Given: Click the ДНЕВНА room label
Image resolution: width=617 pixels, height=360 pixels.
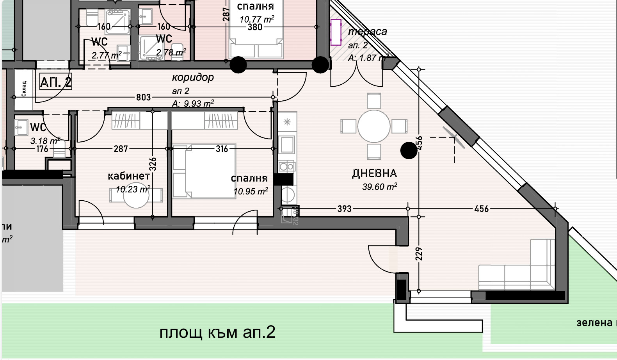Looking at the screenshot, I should click(x=374, y=173).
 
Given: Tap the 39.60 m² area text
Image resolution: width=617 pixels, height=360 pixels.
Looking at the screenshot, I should click(x=379, y=187).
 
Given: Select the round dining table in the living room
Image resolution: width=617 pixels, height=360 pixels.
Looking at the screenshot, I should click(x=374, y=126).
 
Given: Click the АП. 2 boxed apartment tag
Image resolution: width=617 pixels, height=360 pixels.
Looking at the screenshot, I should click(x=56, y=82).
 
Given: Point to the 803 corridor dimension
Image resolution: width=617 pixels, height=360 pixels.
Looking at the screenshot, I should click(x=143, y=97).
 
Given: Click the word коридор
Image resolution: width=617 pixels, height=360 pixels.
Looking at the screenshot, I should click(x=193, y=77).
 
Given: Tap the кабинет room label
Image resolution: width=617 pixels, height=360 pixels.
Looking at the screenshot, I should click(x=128, y=176).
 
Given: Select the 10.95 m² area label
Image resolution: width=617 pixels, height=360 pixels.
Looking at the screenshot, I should click(x=251, y=191).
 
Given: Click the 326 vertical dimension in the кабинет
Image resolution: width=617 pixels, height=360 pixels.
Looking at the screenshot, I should click(x=153, y=164).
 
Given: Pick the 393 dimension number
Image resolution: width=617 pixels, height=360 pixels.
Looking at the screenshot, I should click(x=344, y=209).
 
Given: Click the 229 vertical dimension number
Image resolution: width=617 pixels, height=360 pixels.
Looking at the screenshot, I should click(x=419, y=254).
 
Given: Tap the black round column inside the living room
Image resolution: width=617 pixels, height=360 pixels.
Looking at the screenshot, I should click(x=409, y=150).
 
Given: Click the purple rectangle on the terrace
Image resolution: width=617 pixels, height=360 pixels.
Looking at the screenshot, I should click(x=336, y=32).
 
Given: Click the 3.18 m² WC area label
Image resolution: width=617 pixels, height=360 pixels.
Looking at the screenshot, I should click(x=45, y=141).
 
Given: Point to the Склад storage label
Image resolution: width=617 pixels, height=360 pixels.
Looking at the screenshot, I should click(x=24, y=89).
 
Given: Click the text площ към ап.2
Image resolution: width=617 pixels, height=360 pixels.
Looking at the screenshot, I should click(x=217, y=332).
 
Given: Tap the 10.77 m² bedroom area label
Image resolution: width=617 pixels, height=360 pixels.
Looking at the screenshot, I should click(x=256, y=19).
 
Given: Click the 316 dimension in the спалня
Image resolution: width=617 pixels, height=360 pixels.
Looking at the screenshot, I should click(x=222, y=149).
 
